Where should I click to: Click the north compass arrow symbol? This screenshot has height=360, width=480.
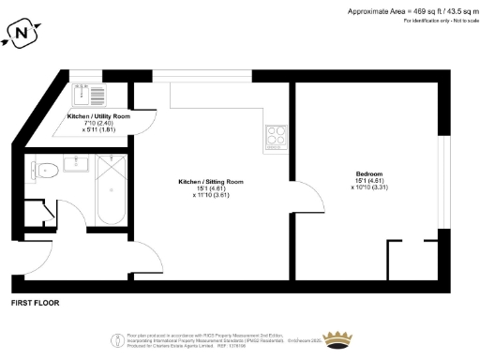[22, 35]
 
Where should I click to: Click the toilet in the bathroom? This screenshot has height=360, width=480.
[44, 170]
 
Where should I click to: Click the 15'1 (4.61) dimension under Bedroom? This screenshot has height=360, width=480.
[368, 181]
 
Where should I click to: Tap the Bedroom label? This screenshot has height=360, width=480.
[368, 173]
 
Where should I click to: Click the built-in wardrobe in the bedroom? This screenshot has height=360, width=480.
[413, 257]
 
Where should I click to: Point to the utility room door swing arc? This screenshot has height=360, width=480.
[141, 122]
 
